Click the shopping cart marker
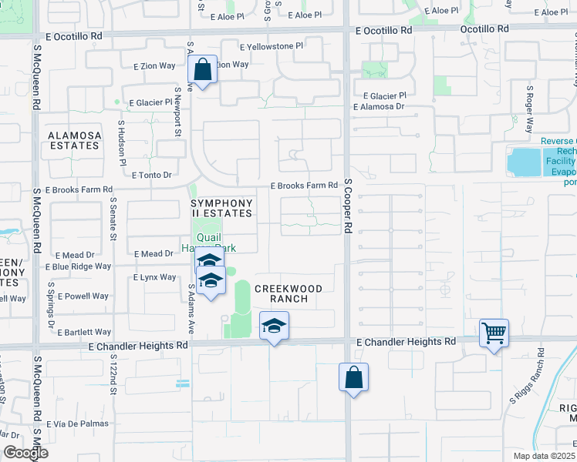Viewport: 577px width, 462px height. (x=494, y=333)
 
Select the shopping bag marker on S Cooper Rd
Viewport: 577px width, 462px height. (x=353, y=378)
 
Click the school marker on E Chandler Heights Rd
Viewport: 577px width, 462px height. (x=274, y=326)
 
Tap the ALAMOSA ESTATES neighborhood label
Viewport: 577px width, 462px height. (x=75, y=140)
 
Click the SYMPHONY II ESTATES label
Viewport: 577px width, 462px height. (x=222, y=208)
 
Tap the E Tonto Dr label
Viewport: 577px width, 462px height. (x=151, y=176)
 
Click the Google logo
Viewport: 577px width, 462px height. (x=25, y=453)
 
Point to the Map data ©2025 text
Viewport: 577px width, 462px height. (x=545, y=456)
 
